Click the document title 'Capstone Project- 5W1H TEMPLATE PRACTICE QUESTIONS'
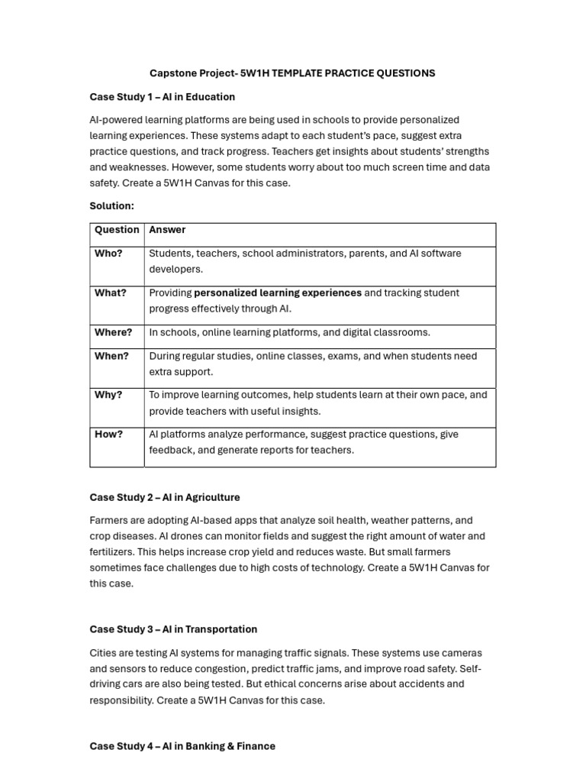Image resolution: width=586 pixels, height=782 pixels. [292, 73]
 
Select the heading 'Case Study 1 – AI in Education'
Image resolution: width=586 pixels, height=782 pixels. [163, 97]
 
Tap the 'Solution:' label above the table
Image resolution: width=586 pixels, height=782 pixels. [112, 206]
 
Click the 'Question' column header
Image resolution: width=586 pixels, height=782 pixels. [117, 230]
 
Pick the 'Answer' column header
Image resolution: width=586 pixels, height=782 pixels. [167, 230]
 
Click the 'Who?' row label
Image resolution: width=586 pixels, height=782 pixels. [108, 254]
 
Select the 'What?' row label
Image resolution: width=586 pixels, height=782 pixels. [111, 293]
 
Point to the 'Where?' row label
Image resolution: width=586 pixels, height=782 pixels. [113, 332]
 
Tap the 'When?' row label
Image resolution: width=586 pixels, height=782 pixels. [111, 356]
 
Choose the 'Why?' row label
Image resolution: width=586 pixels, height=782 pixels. [108, 395]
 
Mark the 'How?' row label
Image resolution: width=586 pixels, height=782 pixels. [108, 435]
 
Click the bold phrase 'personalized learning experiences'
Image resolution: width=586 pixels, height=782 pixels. [278, 293]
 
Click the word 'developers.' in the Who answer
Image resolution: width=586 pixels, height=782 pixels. [176, 270]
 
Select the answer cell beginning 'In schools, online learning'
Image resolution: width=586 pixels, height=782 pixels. [289, 332]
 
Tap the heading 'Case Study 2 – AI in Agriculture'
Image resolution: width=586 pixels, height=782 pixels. [165, 497]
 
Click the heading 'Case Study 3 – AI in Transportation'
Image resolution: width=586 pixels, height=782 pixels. [173, 629]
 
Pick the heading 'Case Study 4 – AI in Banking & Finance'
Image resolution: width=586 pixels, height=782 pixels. [182, 746]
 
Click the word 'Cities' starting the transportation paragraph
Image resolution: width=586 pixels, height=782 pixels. [104, 653]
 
